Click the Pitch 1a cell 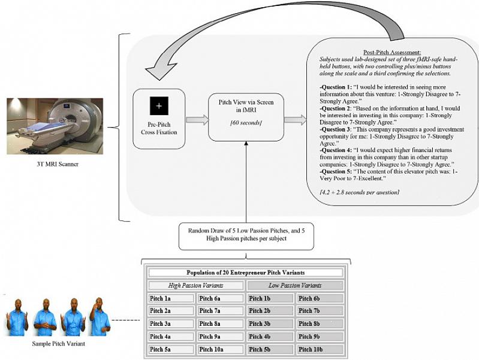[171, 298]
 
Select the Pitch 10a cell [220, 349]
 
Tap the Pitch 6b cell [319, 298]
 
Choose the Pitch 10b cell [319, 349]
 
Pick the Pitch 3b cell [270, 323]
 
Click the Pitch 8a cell [220, 323]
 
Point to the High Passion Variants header [195, 285]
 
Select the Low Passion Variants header [294, 285]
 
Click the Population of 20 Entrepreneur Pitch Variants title [246, 273]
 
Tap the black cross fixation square [159, 106]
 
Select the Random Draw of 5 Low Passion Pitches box [246, 234]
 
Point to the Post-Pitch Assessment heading [391, 52]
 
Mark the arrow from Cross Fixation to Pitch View [196, 120]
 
